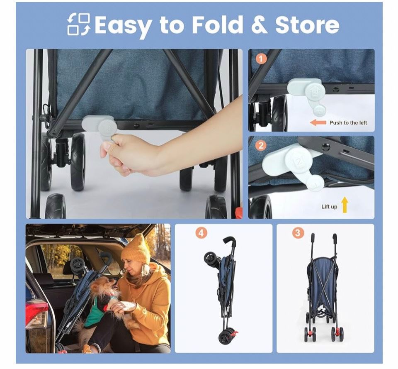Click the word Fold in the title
[218, 24]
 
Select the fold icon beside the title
[79, 24]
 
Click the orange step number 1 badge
[261, 59]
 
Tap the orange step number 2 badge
[261, 146]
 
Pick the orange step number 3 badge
[298, 233]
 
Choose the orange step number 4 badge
[201, 233]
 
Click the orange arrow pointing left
[318, 122]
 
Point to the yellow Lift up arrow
[345, 205]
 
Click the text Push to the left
[348, 123]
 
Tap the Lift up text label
[329, 207]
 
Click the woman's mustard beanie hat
[136, 250]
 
